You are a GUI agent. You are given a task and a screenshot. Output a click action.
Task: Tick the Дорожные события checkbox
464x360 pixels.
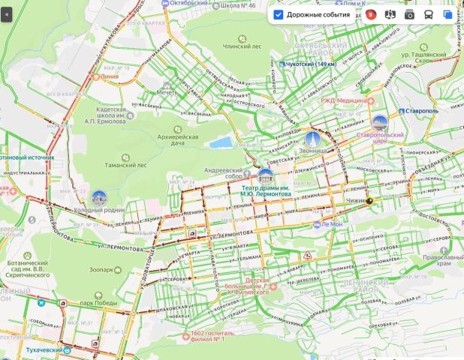(x=279, y=14)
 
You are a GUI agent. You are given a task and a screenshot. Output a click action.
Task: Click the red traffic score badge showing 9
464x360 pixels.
(x=371, y=14)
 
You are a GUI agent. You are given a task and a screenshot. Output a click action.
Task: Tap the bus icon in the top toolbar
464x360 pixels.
(x=428, y=14)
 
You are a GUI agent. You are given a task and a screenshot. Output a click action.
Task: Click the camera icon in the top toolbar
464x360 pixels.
(x=409, y=14)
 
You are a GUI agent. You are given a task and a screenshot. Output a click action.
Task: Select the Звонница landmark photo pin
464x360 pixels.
(x=313, y=139)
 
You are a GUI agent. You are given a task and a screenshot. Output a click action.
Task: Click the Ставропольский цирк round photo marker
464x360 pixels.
(x=380, y=124)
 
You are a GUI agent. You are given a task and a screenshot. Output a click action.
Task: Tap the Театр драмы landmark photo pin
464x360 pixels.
(x=265, y=178)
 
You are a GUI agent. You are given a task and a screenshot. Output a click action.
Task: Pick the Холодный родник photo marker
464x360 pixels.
(x=98, y=198)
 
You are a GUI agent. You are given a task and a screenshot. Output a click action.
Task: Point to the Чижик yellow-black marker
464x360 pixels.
(x=369, y=201)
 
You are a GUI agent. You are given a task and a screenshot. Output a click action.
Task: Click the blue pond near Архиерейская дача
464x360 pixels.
(x=221, y=142)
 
